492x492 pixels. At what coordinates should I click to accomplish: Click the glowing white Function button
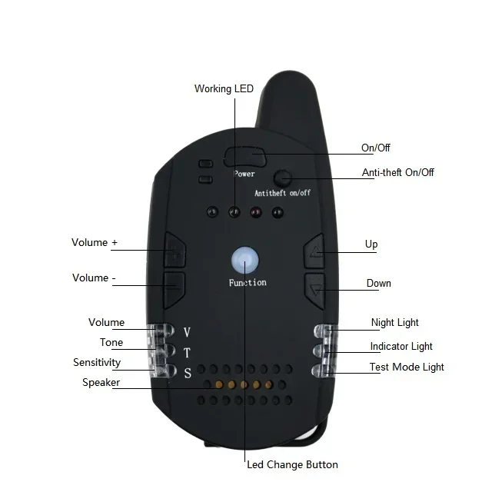(x=245, y=261)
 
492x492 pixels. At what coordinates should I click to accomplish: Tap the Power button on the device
(x=244, y=157)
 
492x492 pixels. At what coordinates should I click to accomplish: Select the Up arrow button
(x=314, y=251)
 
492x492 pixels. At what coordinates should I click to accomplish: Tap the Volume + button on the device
(x=175, y=250)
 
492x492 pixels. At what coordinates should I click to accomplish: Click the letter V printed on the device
(x=187, y=332)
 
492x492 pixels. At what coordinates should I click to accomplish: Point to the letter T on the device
(x=187, y=353)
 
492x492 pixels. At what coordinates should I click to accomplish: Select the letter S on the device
(x=188, y=373)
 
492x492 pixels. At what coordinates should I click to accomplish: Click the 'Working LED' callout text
(x=224, y=89)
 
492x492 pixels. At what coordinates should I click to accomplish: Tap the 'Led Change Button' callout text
(x=292, y=464)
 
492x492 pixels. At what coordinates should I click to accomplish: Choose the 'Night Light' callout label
(x=394, y=323)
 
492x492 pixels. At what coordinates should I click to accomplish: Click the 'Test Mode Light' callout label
(x=407, y=367)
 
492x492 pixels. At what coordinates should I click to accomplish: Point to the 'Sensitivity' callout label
(x=97, y=362)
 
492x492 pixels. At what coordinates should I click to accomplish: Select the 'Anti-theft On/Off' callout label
(x=398, y=172)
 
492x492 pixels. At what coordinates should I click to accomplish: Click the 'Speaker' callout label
(x=101, y=383)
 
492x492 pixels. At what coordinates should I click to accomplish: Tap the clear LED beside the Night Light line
(x=324, y=331)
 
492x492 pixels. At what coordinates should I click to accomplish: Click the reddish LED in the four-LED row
(x=256, y=212)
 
